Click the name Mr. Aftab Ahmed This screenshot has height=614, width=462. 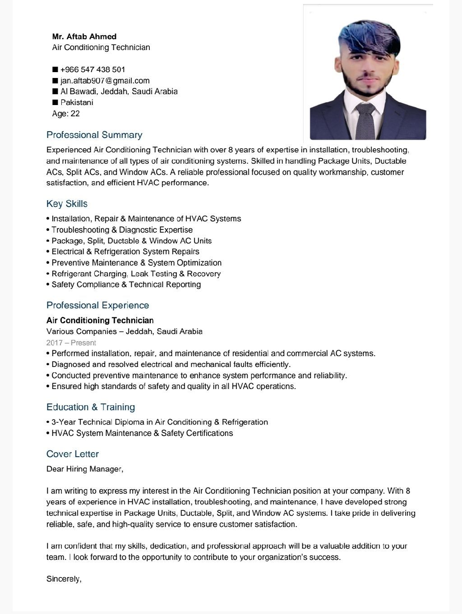coord(84,37)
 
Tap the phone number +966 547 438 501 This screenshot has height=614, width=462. coord(92,69)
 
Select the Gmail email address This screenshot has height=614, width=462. coord(105,81)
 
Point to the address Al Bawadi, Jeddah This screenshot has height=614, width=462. coord(119,92)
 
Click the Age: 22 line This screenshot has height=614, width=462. coord(66,114)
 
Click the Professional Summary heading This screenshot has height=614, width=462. coord(94,135)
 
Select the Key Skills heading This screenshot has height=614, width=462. coord(67,204)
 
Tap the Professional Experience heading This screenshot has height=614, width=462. coord(97,305)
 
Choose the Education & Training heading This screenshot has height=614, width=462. coord(91,407)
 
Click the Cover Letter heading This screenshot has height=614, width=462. coord(73,454)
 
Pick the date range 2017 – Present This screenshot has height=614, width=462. coord(71,343)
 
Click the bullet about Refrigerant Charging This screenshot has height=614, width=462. coord(136,274)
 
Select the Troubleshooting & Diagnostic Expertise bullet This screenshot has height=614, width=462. coord(122,230)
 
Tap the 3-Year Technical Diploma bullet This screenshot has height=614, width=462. coord(159,422)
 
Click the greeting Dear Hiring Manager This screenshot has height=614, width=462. coord(85,469)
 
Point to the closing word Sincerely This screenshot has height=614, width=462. coord(64,579)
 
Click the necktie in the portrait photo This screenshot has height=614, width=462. coord(365,121)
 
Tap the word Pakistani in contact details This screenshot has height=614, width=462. coord(77,102)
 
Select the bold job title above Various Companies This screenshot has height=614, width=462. coord(100,321)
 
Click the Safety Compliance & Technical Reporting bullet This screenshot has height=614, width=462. coord(126,284)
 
